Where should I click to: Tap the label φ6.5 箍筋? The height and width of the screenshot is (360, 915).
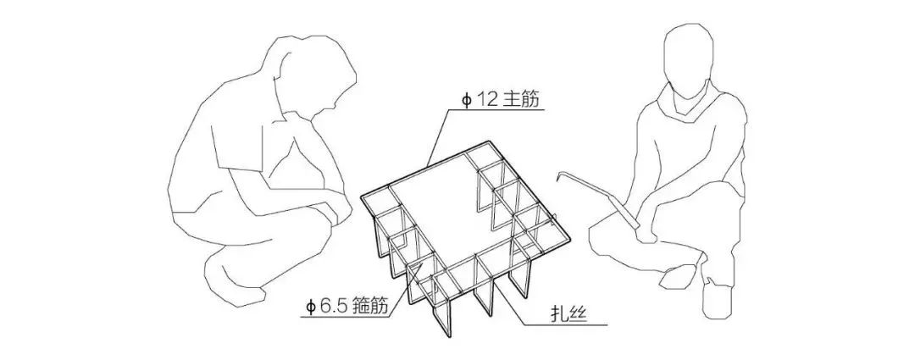click(x=344, y=306)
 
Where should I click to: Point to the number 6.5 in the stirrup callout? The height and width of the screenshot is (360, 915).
click(x=329, y=306)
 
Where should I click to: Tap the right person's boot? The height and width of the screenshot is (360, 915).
click(x=718, y=301)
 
